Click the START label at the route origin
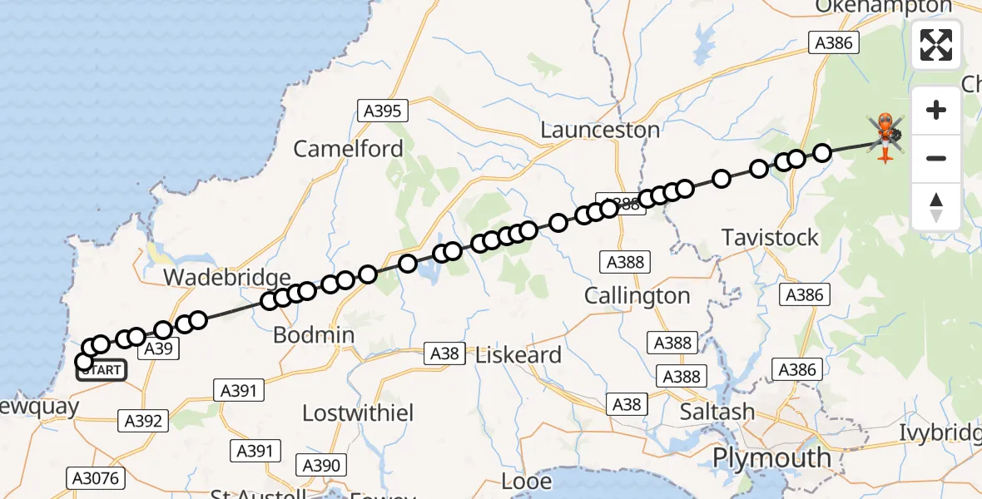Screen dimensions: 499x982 click(x=102, y=370)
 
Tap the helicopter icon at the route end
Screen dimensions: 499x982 click(x=885, y=134)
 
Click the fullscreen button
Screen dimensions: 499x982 click(x=936, y=45)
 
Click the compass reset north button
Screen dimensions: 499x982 click(x=936, y=206)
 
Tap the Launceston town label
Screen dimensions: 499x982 click(x=600, y=131)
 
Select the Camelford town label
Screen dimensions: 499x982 click(x=348, y=150)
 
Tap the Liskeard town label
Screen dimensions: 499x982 click(x=518, y=355)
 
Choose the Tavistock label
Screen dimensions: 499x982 click(x=771, y=238)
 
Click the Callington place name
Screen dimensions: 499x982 click(x=637, y=296)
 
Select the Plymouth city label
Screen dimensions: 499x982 click(x=771, y=458)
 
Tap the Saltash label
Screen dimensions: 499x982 click(x=717, y=413)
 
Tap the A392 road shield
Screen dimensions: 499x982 click(x=143, y=421)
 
